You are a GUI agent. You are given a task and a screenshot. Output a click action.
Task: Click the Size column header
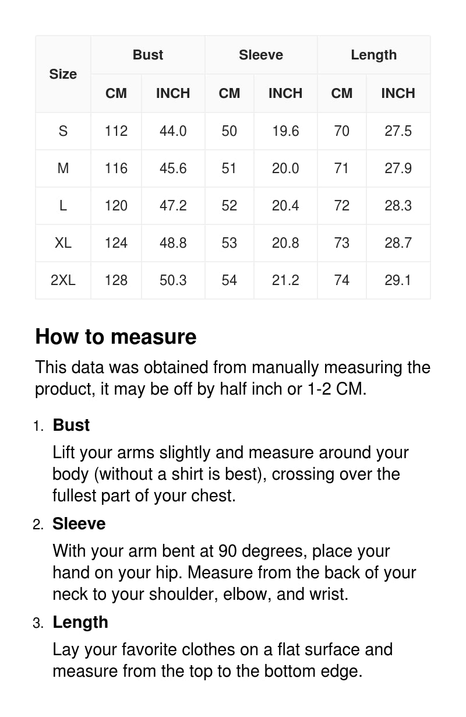63,74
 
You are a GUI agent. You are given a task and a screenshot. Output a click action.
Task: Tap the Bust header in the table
148,55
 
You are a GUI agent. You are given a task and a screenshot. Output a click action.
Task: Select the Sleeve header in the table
261,55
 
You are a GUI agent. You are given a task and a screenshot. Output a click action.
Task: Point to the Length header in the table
373,55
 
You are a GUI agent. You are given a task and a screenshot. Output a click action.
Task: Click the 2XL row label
63,280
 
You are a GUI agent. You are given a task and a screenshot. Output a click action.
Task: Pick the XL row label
63,242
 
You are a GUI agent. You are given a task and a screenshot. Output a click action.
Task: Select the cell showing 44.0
173,131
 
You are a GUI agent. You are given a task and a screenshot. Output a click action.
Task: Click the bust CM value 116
116,168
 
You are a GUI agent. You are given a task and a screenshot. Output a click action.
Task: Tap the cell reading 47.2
173,205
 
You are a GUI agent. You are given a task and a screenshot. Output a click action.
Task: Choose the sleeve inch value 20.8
285,242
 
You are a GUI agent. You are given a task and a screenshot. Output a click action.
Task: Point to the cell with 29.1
398,280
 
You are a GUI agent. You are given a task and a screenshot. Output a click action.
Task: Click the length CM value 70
342,131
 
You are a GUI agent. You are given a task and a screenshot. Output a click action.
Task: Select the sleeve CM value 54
230,280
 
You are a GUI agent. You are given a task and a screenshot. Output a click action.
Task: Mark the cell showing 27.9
398,168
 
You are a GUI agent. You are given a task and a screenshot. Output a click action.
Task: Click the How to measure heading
116,337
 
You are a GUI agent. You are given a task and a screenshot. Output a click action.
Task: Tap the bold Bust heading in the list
71,425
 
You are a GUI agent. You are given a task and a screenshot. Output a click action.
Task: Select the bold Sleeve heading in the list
79,523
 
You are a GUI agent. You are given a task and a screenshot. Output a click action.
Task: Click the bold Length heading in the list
80,622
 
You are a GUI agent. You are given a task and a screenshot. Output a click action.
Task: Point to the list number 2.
38,525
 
